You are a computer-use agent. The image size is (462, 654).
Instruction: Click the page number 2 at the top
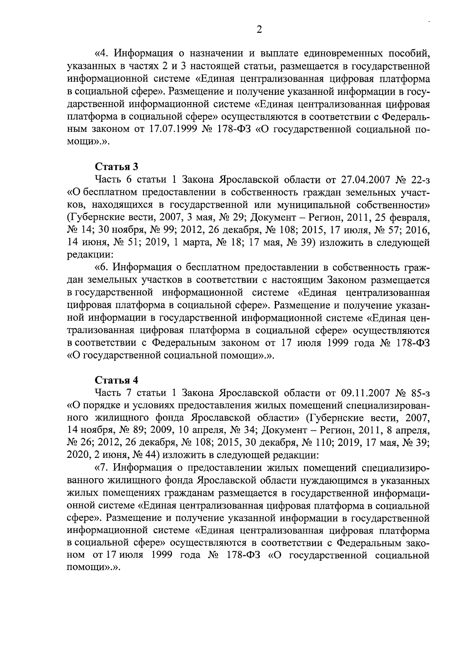259,30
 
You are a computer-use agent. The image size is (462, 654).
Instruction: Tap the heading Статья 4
116,380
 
